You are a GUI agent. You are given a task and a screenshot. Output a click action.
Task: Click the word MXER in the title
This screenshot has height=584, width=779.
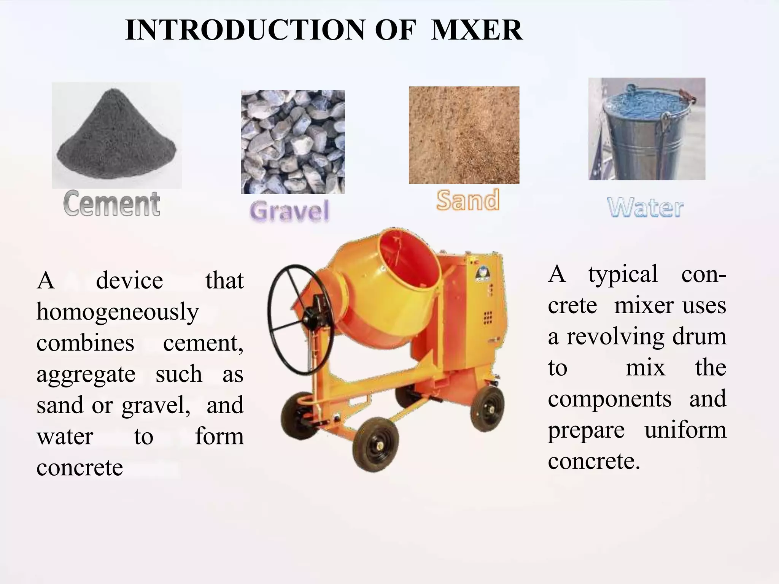click(477, 30)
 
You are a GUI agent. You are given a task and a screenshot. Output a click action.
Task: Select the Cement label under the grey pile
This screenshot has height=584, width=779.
click(112, 204)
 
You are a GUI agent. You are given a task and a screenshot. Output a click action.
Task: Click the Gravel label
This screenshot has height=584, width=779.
click(289, 211)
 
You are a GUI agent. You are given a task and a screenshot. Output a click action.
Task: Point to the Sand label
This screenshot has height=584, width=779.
click(467, 200)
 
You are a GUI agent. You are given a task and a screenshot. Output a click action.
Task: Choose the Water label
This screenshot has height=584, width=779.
click(645, 208)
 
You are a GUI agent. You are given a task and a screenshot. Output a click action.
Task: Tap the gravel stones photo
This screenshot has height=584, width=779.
click(293, 142)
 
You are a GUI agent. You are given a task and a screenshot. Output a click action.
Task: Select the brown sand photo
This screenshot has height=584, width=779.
click(464, 135)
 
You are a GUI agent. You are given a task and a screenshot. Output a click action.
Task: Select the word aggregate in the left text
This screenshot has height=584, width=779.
click(86, 375)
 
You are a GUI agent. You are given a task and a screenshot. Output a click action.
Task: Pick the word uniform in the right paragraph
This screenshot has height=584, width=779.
click(685, 430)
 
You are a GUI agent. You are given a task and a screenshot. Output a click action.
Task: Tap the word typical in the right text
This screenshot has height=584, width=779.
click(623, 275)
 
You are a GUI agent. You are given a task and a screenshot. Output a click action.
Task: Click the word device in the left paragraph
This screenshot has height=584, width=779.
click(129, 281)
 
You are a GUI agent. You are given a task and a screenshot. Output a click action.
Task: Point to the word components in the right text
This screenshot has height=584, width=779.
click(610, 399)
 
